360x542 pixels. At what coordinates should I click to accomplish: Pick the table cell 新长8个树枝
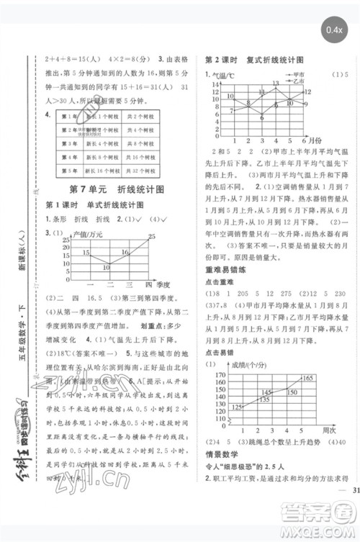[102, 158]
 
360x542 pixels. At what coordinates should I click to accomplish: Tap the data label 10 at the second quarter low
[106, 268]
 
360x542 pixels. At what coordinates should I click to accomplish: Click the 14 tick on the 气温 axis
[215, 85]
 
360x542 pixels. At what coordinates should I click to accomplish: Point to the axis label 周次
[325, 430]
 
